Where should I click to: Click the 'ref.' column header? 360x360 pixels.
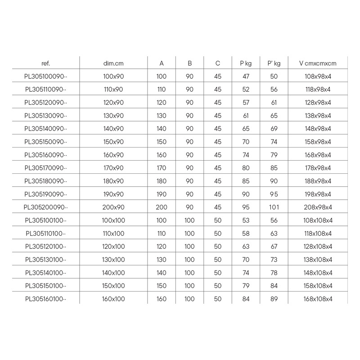tap(45, 63)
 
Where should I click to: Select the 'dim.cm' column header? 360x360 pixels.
tap(113, 63)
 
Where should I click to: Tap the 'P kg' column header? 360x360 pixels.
tap(246, 63)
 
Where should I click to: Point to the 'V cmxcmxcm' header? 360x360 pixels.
tap(318, 63)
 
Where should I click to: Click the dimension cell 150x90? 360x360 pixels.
tap(113, 142)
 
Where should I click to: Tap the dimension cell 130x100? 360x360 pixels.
tap(113, 260)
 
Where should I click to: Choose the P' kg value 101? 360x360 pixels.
tap(274, 207)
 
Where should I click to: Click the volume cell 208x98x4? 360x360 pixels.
tap(318, 207)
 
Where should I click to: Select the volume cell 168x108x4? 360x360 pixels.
tap(318, 299)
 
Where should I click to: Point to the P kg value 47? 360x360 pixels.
tap(246, 76)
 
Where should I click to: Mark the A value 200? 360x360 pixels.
tap(162, 207)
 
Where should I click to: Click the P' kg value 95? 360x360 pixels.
tap(274, 194)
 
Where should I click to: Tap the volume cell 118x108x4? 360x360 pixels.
tap(318, 234)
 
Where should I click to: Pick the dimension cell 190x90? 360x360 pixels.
tap(113, 194)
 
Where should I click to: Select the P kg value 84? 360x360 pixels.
tap(246, 299)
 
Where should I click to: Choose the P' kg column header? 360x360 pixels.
tap(274, 63)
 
